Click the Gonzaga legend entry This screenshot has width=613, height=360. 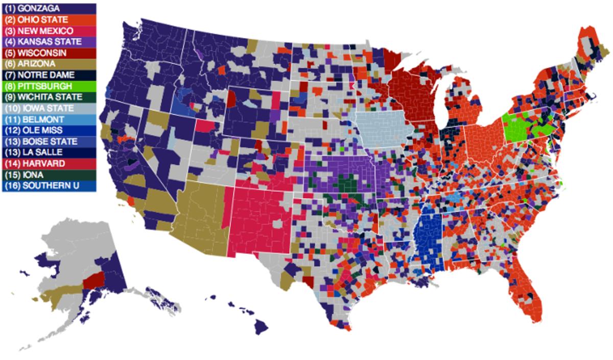pyautogui.click(x=49, y=9)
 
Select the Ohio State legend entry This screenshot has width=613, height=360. pyautogui.click(x=49, y=20)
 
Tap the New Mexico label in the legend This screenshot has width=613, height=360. pyautogui.click(x=49, y=31)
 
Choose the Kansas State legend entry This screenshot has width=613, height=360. pyautogui.click(x=49, y=42)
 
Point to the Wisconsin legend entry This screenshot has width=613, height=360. pyautogui.click(x=49, y=53)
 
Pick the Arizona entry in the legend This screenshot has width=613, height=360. pyautogui.click(x=49, y=64)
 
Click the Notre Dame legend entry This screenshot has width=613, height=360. pyautogui.click(x=49, y=75)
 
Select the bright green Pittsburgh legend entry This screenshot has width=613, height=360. pyautogui.click(x=49, y=86)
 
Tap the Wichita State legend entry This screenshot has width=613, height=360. pyautogui.click(x=49, y=97)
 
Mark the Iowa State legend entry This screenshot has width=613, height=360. pyautogui.click(x=49, y=108)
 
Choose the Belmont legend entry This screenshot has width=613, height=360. pyautogui.click(x=49, y=119)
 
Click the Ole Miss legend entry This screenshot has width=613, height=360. pyautogui.click(x=49, y=130)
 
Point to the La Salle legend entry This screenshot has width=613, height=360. pyautogui.click(x=49, y=152)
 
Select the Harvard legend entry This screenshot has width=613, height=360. pyautogui.click(x=49, y=163)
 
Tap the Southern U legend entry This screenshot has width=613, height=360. pyautogui.click(x=49, y=185)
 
